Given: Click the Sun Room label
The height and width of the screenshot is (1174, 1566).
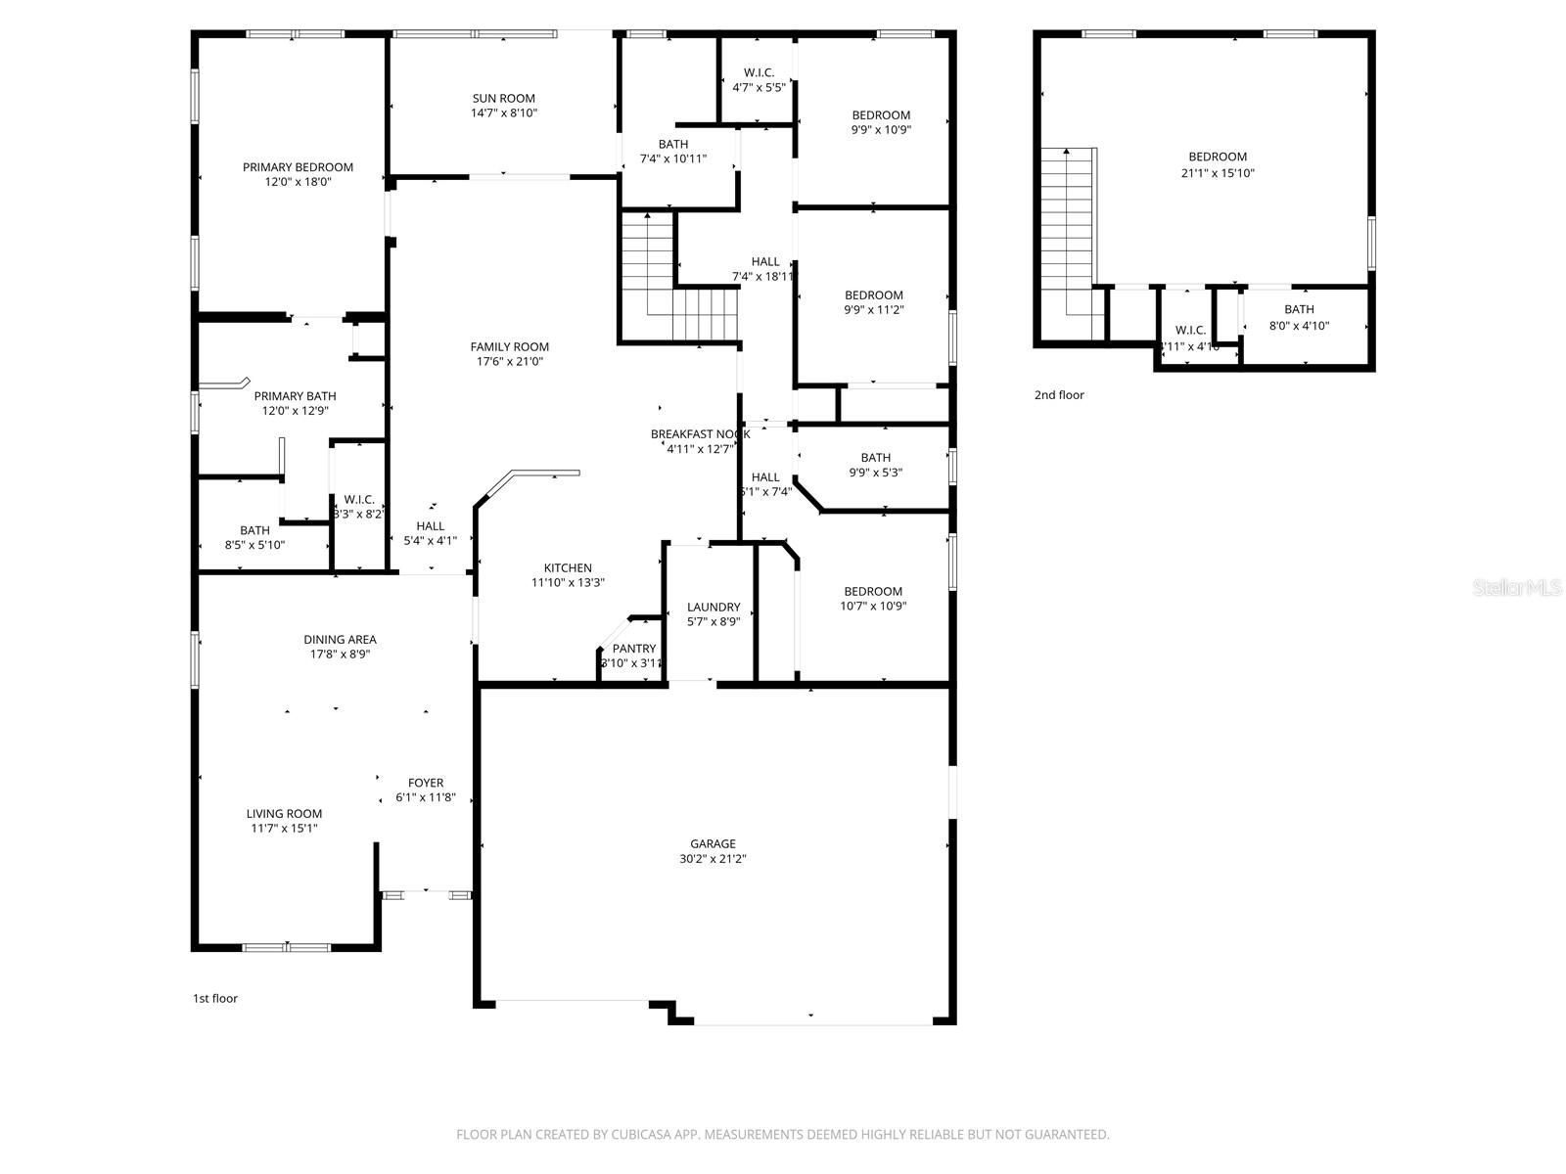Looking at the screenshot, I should click(503, 98).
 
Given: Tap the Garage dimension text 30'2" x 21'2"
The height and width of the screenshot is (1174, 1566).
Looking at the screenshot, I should click(713, 859).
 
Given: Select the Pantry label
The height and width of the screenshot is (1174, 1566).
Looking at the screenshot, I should click(633, 649).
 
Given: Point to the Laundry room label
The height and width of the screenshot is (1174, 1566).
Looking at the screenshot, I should click(714, 607).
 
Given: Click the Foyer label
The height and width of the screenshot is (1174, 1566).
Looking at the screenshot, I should click(426, 783).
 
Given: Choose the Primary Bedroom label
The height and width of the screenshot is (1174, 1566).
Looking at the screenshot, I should click(298, 167).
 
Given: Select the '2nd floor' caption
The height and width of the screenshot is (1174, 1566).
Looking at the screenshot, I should click(1059, 395).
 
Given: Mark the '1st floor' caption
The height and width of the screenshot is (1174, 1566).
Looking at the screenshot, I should click(214, 999).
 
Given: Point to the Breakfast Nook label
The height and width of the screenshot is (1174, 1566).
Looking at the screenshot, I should click(700, 433).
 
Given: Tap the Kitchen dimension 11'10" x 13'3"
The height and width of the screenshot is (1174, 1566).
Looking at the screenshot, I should click(568, 582).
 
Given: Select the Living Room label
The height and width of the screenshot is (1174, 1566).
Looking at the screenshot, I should click(284, 813).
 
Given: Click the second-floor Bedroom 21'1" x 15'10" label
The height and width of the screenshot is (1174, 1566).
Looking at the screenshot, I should click(1218, 157).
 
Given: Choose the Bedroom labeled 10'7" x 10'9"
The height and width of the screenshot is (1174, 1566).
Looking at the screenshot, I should click(873, 591).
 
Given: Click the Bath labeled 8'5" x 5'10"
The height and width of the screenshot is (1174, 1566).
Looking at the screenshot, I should click(254, 530).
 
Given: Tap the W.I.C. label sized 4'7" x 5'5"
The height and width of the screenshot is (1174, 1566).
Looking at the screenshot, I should click(759, 72).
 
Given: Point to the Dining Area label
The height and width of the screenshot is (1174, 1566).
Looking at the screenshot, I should click(340, 640).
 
